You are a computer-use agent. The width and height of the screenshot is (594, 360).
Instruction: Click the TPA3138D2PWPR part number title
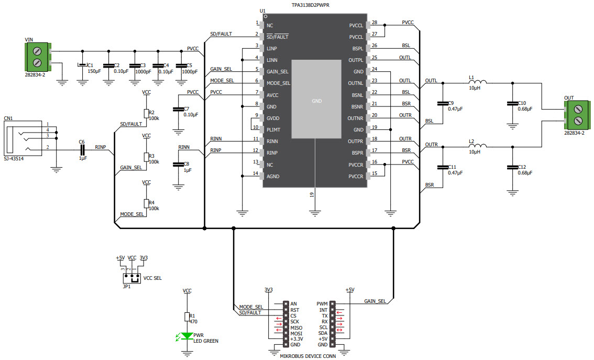pyautogui.click(x=314, y=5)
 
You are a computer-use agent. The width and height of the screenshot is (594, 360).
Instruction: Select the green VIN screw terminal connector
pyautogui.click(x=38, y=57)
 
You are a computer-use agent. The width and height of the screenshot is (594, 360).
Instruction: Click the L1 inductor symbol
pyautogui.click(x=478, y=83)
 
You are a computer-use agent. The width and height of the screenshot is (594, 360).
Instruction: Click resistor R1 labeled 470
pyautogui.click(x=187, y=317)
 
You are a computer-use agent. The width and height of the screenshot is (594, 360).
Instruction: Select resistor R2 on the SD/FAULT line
pyautogui.click(x=146, y=114)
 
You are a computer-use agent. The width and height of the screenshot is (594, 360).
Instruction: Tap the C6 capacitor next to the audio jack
pyautogui.click(x=82, y=150)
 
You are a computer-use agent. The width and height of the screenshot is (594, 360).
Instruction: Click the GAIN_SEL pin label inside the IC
pyautogui.click(x=277, y=72)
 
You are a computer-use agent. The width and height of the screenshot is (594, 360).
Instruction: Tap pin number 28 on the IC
pyautogui.click(x=374, y=23)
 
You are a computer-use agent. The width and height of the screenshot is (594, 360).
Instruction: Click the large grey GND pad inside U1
pyautogui.click(x=316, y=99)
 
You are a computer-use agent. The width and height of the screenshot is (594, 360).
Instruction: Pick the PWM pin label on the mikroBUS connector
pyautogui.click(x=322, y=303)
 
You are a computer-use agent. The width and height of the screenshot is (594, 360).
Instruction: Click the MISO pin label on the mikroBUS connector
pyautogui.click(x=296, y=328)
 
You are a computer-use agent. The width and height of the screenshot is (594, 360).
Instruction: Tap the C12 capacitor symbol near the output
pyautogui.click(x=512, y=168)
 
